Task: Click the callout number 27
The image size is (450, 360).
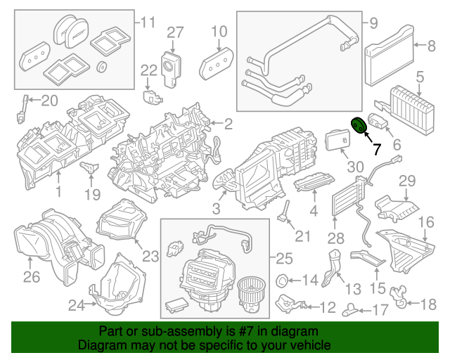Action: pos(174,32)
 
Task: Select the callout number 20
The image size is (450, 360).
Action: pos(49,101)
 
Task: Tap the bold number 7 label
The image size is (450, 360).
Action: pos(377,149)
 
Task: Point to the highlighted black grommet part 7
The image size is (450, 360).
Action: pos(357,124)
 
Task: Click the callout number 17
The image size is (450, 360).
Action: pos(380,309)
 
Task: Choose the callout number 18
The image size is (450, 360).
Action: pos(427,304)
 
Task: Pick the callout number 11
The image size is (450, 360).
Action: pos(146,22)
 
